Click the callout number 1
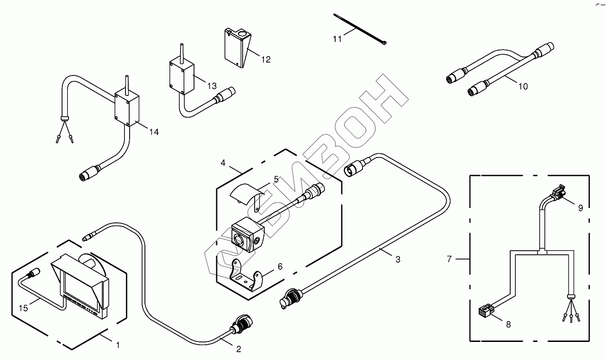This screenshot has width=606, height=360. (x=118, y=345)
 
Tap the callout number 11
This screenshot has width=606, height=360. (x=337, y=39)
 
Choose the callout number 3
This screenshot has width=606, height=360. (x=398, y=259)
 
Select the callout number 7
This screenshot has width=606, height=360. (x=449, y=259)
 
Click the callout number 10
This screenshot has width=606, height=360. (x=523, y=86)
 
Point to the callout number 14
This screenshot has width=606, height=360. (x=154, y=133)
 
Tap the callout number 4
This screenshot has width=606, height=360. (x=223, y=163)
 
